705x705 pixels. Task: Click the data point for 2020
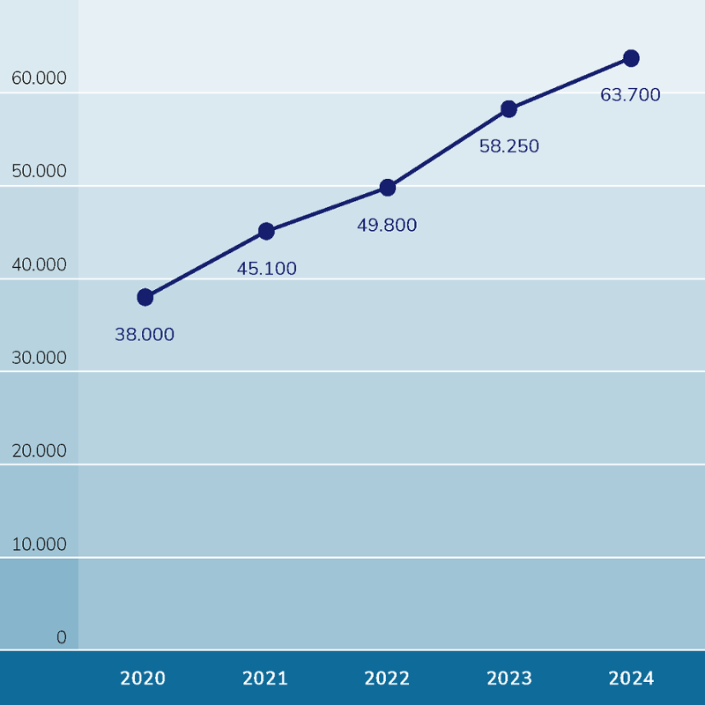pos(145,298)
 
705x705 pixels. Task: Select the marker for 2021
pos(266,232)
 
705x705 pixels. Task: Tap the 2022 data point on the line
pos(388,188)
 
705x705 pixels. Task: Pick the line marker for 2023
pos(508,109)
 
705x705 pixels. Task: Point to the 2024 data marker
pos(631,58)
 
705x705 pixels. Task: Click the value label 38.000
pos(145,335)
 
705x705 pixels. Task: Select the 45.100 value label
pos(267,269)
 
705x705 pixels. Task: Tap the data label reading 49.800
pos(387,226)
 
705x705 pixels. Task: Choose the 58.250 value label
pos(509,147)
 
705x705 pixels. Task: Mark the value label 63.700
pos(630,95)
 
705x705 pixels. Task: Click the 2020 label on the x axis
pos(143,679)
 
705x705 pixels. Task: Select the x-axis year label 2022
pos(387,679)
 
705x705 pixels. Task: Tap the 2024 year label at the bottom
pos(631,679)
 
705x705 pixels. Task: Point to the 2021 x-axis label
pos(265,679)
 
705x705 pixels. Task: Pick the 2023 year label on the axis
pos(509,679)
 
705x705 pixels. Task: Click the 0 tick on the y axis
pos(62,637)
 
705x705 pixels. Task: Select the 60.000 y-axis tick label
pos(40,78)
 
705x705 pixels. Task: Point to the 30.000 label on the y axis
pos(40,358)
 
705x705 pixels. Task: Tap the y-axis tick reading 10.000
pos(40,545)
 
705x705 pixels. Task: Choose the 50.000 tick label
pos(40,171)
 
